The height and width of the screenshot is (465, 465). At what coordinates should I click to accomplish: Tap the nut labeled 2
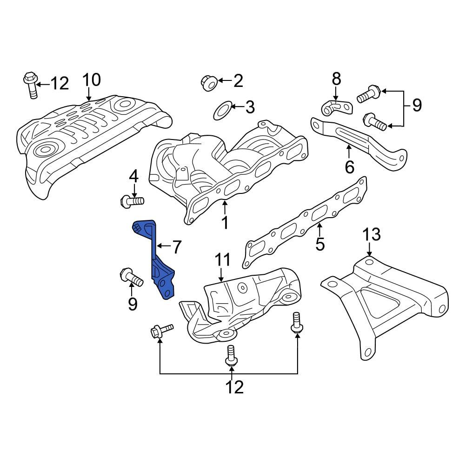[x=207, y=83]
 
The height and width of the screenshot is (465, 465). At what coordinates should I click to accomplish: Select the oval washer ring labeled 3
[x=222, y=110]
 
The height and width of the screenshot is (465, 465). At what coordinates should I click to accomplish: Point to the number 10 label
[x=92, y=80]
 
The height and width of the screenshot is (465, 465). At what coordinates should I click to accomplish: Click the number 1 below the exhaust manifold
[x=225, y=222]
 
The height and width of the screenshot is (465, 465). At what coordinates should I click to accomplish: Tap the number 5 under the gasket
[x=320, y=243]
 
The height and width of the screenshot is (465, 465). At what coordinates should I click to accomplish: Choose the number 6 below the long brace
[x=350, y=166]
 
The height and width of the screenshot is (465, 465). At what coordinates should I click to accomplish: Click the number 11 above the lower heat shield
[x=222, y=261]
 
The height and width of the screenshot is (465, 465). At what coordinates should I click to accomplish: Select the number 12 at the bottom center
[x=234, y=386]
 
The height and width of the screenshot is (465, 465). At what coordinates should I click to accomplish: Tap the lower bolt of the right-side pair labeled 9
[x=374, y=121]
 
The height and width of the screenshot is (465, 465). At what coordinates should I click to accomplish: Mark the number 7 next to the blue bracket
[x=176, y=247]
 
